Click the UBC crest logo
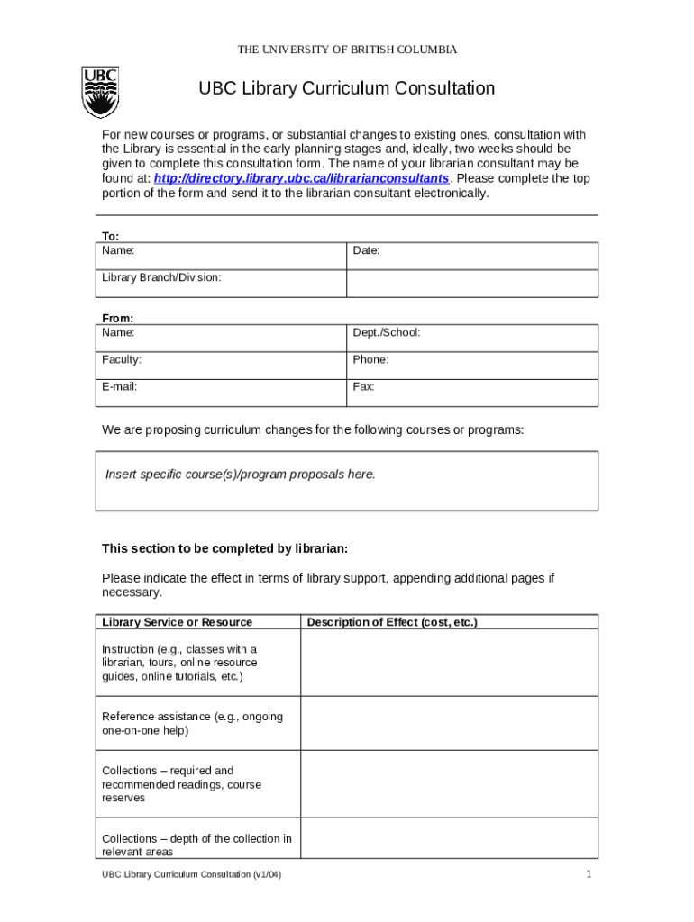pyautogui.click(x=100, y=93)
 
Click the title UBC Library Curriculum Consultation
pyautogui.click(x=347, y=88)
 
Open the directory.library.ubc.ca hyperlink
pyautogui.click(x=301, y=179)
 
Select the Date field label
pyautogui.click(x=366, y=250)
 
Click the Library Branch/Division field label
pyautogui.click(x=161, y=277)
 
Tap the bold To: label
pyautogui.click(x=110, y=236)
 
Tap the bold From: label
pyautogui.click(x=117, y=318)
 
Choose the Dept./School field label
pyautogui.click(x=386, y=332)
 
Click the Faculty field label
pyautogui.click(x=122, y=359)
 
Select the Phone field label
pyautogui.click(x=370, y=359)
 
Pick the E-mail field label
pyautogui.click(x=120, y=386)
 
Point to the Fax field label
pyautogui.click(x=363, y=386)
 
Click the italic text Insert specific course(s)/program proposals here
pyautogui.click(x=240, y=474)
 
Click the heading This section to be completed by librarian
pyautogui.click(x=224, y=548)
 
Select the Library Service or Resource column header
pyautogui.click(x=178, y=622)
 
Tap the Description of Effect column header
pyautogui.click(x=392, y=622)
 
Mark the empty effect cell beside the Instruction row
pyautogui.click(x=448, y=663)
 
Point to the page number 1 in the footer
pyautogui.click(x=588, y=874)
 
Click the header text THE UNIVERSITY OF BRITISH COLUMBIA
pyautogui.click(x=347, y=50)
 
